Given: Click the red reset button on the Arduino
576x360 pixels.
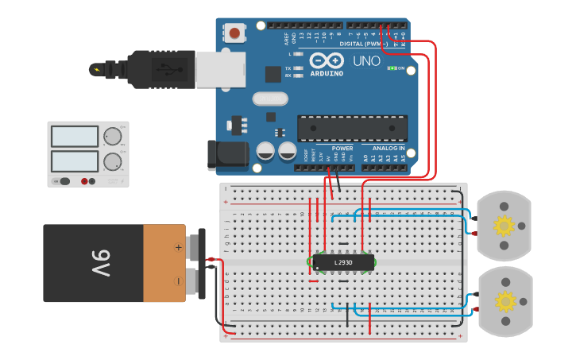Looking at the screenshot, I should [236, 33].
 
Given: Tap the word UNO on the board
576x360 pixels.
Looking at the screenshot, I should [366, 61].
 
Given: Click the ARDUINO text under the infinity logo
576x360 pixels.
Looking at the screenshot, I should [327, 73].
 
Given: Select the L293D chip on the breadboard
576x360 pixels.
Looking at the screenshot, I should [342, 261].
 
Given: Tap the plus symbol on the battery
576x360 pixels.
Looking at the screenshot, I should [178, 247].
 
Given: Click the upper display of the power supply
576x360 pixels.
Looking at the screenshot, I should [74, 137].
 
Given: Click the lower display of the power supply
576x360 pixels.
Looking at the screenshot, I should [74, 161].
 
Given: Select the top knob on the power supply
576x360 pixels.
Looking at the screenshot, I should [112, 137].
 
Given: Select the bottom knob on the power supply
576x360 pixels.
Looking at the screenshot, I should [112, 162].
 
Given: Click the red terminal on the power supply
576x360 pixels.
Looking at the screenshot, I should [85, 182].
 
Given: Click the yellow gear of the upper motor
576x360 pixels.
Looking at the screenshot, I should [504, 226].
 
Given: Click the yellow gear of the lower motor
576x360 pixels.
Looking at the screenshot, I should [504, 302].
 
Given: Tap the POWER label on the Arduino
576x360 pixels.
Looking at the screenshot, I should [342, 149].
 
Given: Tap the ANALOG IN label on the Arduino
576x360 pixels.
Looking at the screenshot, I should [389, 149].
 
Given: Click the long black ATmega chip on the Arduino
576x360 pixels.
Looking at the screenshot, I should [352, 128].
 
